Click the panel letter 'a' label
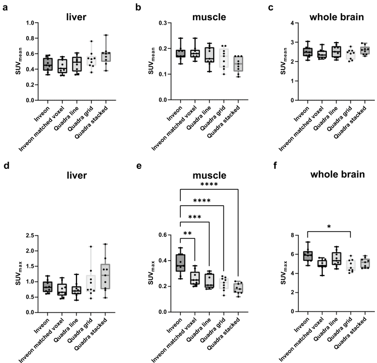tap(5, 8)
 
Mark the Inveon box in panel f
tap(308, 255)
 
